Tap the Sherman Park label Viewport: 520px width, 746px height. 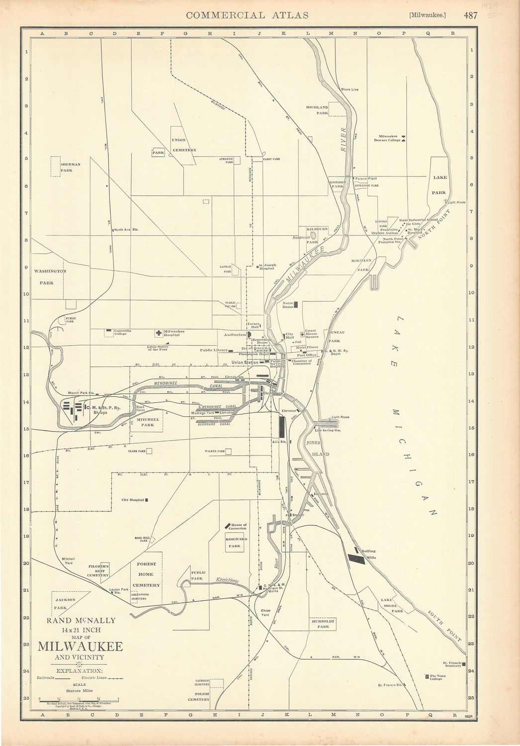point(70,167)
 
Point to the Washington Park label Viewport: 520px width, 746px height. point(50,277)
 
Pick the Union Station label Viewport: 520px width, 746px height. point(245,362)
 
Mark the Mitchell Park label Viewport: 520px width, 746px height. point(148,422)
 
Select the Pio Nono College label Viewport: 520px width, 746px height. point(443,677)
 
